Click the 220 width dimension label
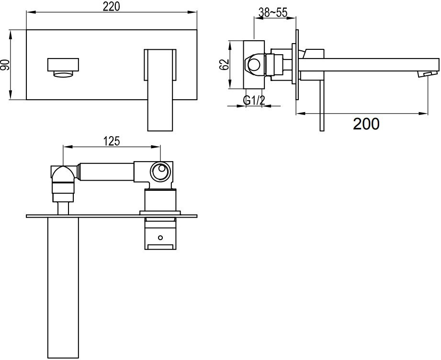111,7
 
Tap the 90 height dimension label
5,65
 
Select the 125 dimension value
112,141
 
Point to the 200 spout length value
366,124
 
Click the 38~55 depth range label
273,12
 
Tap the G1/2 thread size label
254,100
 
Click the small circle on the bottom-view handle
160,238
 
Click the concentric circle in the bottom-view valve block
160,171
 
